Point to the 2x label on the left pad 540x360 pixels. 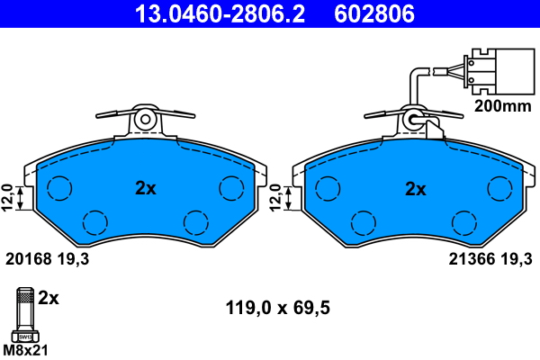point(146,189)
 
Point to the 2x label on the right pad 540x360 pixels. point(415,189)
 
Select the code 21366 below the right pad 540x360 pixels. point(468,259)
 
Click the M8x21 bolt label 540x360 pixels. point(24,349)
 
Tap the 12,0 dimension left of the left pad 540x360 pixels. point(8,195)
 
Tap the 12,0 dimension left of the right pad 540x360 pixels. point(274,197)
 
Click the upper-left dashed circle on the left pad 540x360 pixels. point(59,188)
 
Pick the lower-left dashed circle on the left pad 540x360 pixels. point(94,221)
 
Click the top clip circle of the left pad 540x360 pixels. point(145,118)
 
